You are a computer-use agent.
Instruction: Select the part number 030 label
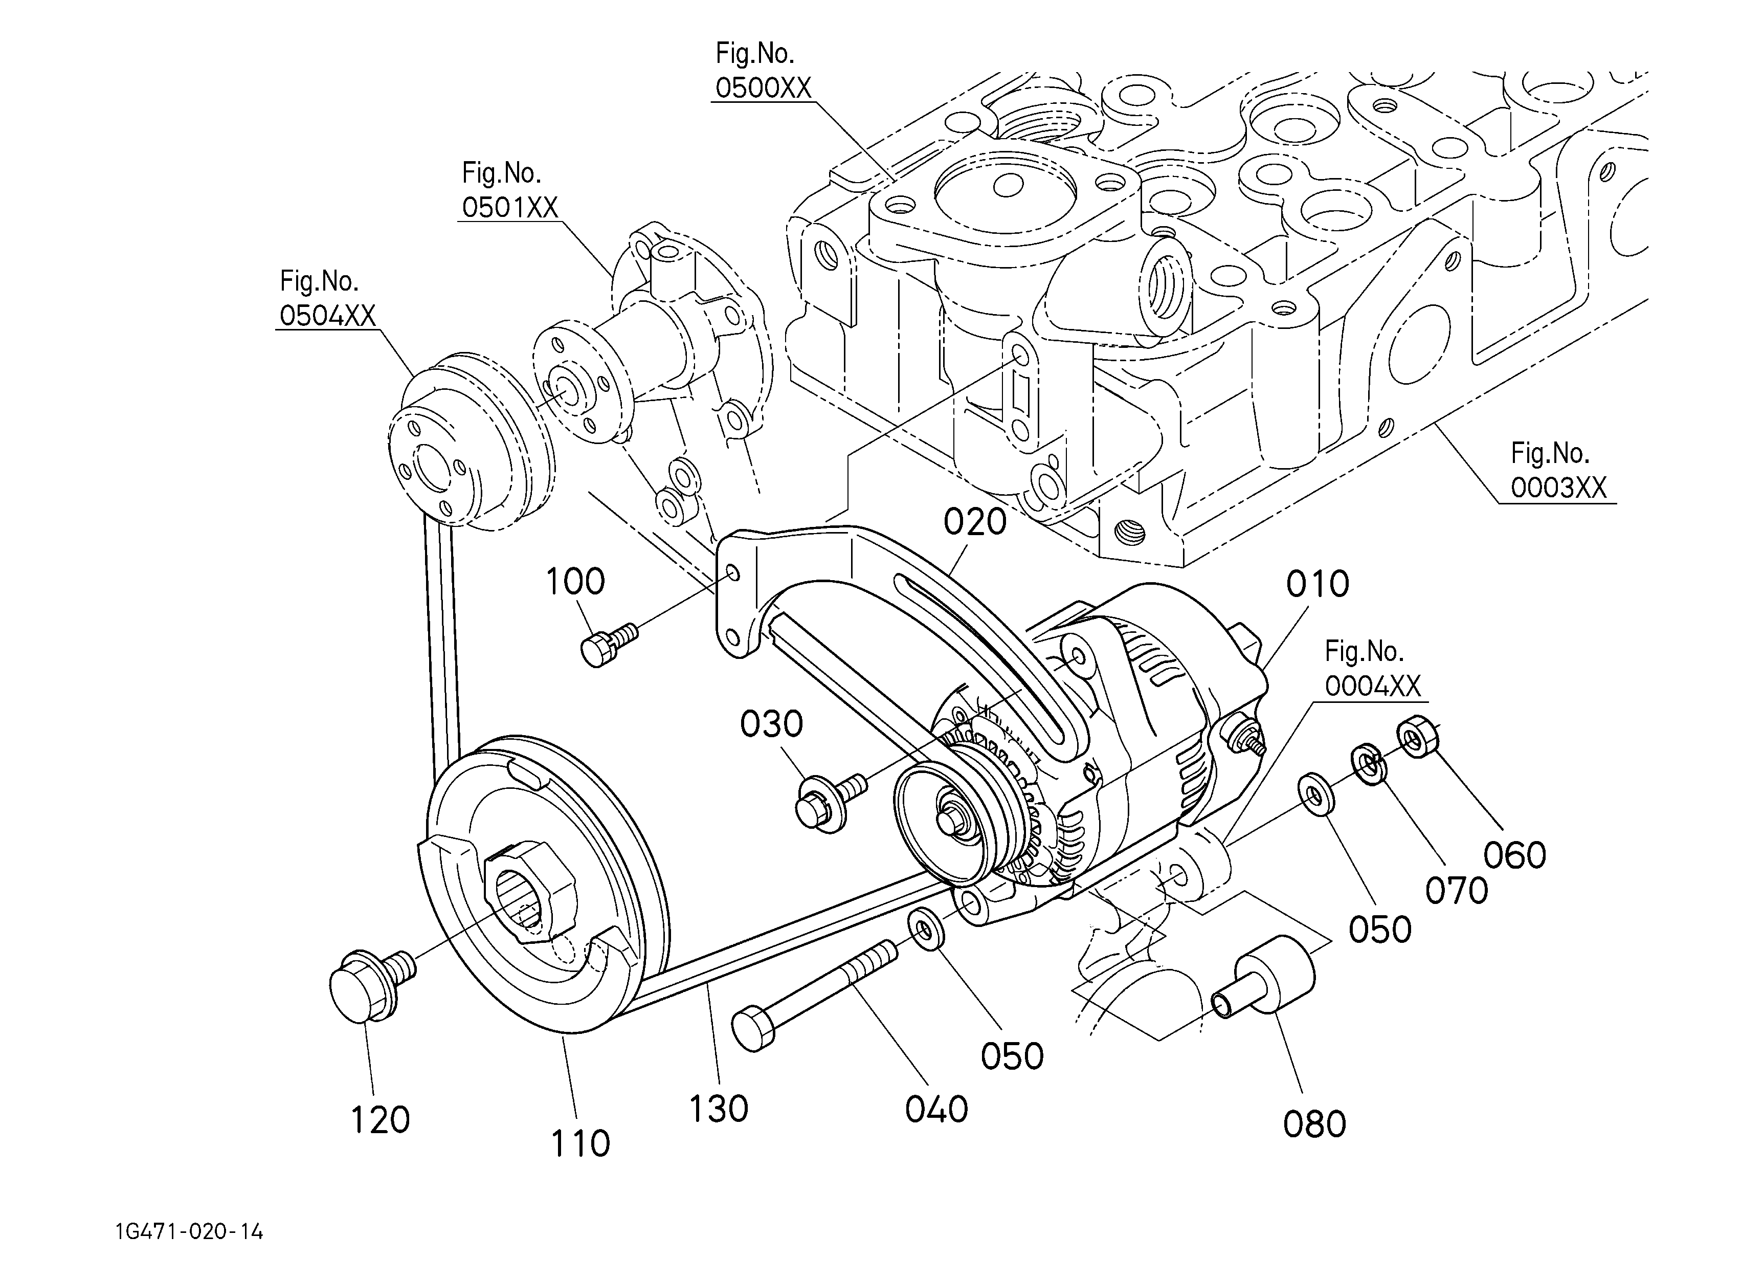(771, 724)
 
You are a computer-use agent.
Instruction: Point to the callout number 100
(575, 582)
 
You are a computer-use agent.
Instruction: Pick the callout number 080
(1314, 1124)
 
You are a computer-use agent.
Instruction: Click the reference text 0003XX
(1559, 488)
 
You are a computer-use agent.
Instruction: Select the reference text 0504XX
(327, 316)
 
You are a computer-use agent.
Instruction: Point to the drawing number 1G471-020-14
(189, 1232)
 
